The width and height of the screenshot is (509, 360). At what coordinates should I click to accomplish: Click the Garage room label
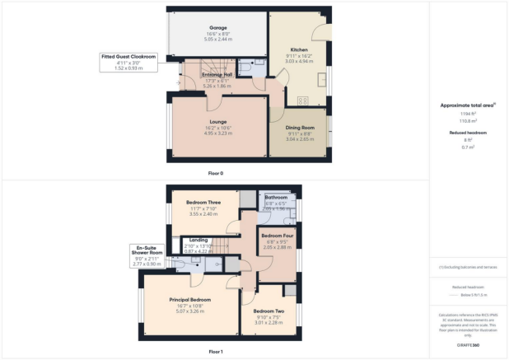click(x=217, y=27)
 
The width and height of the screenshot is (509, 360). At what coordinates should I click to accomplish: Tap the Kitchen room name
click(x=299, y=49)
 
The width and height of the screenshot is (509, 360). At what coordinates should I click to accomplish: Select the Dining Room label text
click(x=300, y=128)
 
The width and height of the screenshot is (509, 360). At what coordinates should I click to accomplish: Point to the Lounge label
click(x=217, y=121)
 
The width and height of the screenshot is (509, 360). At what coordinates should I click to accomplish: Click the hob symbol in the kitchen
click(x=301, y=101)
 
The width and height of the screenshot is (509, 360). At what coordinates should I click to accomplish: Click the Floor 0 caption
click(x=216, y=174)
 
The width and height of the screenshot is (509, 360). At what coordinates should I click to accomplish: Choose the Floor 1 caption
click(x=216, y=351)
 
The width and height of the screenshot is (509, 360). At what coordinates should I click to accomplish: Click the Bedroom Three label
click(x=203, y=202)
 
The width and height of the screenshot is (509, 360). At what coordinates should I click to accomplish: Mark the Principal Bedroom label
click(x=190, y=299)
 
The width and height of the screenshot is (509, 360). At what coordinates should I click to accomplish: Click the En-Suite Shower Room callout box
click(x=151, y=256)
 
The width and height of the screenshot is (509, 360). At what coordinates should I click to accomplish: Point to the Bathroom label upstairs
click(x=276, y=198)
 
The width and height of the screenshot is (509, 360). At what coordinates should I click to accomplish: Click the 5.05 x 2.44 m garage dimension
click(x=217, y=38)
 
